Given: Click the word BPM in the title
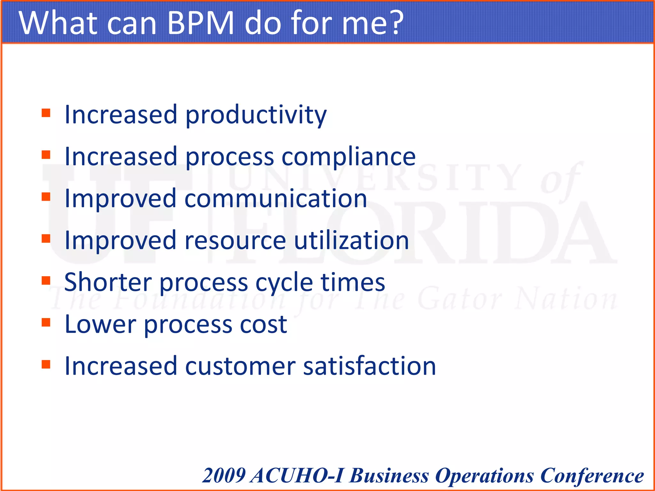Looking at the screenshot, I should (201, 23).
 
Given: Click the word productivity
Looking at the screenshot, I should (256, 115).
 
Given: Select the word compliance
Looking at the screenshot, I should (349, 157).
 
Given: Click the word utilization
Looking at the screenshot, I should (351, 240).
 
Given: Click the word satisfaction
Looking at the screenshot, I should (369, 366).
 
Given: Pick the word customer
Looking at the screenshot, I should (240, 366).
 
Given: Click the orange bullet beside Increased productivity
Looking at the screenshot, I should (46, 113).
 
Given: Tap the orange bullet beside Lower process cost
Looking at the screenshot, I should (46, 323).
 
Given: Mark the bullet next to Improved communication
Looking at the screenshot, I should (46, 197).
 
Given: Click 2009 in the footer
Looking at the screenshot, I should (224, 476).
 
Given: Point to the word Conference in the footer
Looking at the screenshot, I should (592, 476).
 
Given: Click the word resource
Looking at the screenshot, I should (235, 241).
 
